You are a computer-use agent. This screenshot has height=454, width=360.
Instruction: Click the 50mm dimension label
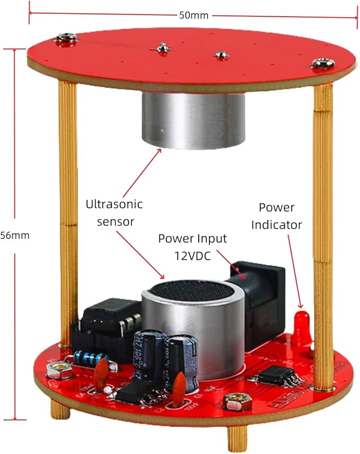click(x=194, y=15)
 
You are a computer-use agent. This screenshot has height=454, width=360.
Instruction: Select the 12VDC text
click(x=192, y=255)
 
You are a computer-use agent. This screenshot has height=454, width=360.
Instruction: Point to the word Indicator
click(x=276, y=224)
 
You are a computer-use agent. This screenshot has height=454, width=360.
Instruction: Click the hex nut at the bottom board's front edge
click(x=234, y=403)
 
